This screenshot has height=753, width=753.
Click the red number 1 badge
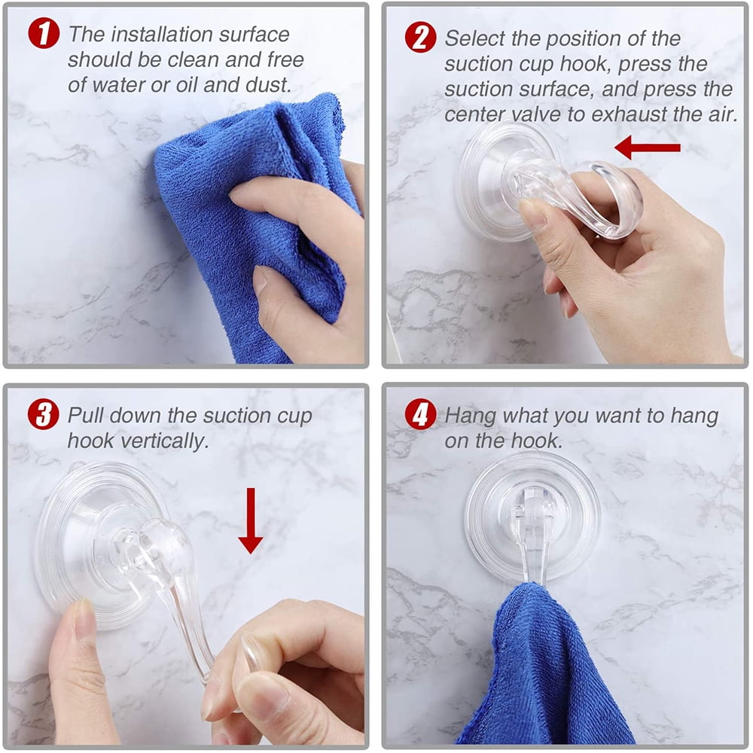point(44,34)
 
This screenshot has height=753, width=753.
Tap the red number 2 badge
point(420,38)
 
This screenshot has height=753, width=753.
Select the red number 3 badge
point(43,414)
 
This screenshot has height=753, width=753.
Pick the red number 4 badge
point(420,414)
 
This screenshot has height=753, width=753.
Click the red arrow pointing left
point(648,148)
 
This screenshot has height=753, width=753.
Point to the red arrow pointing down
point(250,520)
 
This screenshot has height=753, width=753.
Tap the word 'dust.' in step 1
point(269,85)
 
